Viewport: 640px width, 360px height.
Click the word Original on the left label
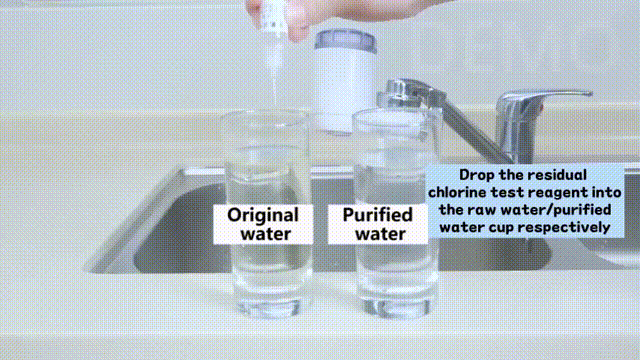coord(263,216)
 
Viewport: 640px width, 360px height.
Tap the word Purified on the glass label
coord(378,215)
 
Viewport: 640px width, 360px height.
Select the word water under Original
coord(266,234)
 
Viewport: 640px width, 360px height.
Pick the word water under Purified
coord(380,234)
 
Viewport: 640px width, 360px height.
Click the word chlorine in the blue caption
coord(457,192)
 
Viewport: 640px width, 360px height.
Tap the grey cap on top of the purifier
coord(345,40)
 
